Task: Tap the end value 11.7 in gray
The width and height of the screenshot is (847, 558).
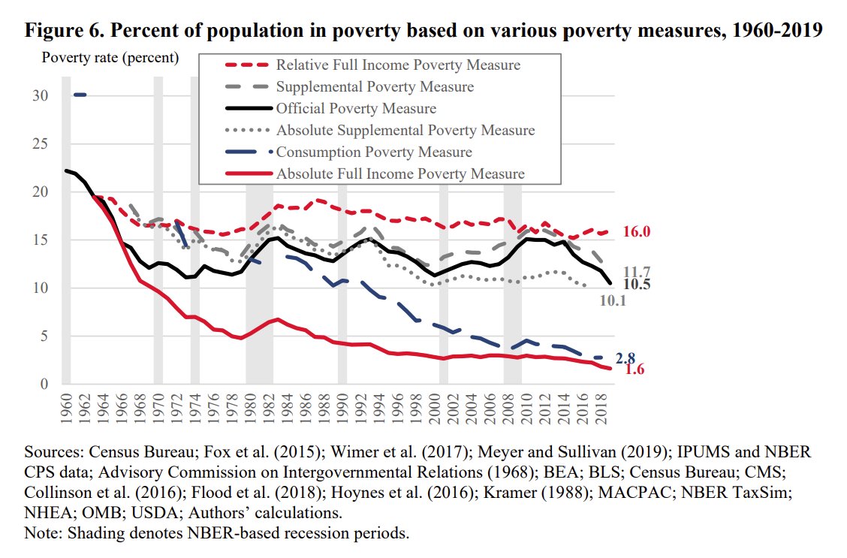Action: (x=638, y=272)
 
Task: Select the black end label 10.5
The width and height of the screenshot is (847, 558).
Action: (x=638, y=285)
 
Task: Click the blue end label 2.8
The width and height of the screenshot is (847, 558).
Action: (x=625, y=358)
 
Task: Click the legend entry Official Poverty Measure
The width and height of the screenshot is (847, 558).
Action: (x=356, y=108)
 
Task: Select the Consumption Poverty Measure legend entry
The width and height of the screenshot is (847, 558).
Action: (x=374, y=152)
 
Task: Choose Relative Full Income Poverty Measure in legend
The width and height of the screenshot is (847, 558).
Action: (x=398, y=65)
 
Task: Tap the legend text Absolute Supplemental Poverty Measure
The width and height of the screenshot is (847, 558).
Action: (x=405, y=130)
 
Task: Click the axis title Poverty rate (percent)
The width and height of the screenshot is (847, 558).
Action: (x=110, y=57)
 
